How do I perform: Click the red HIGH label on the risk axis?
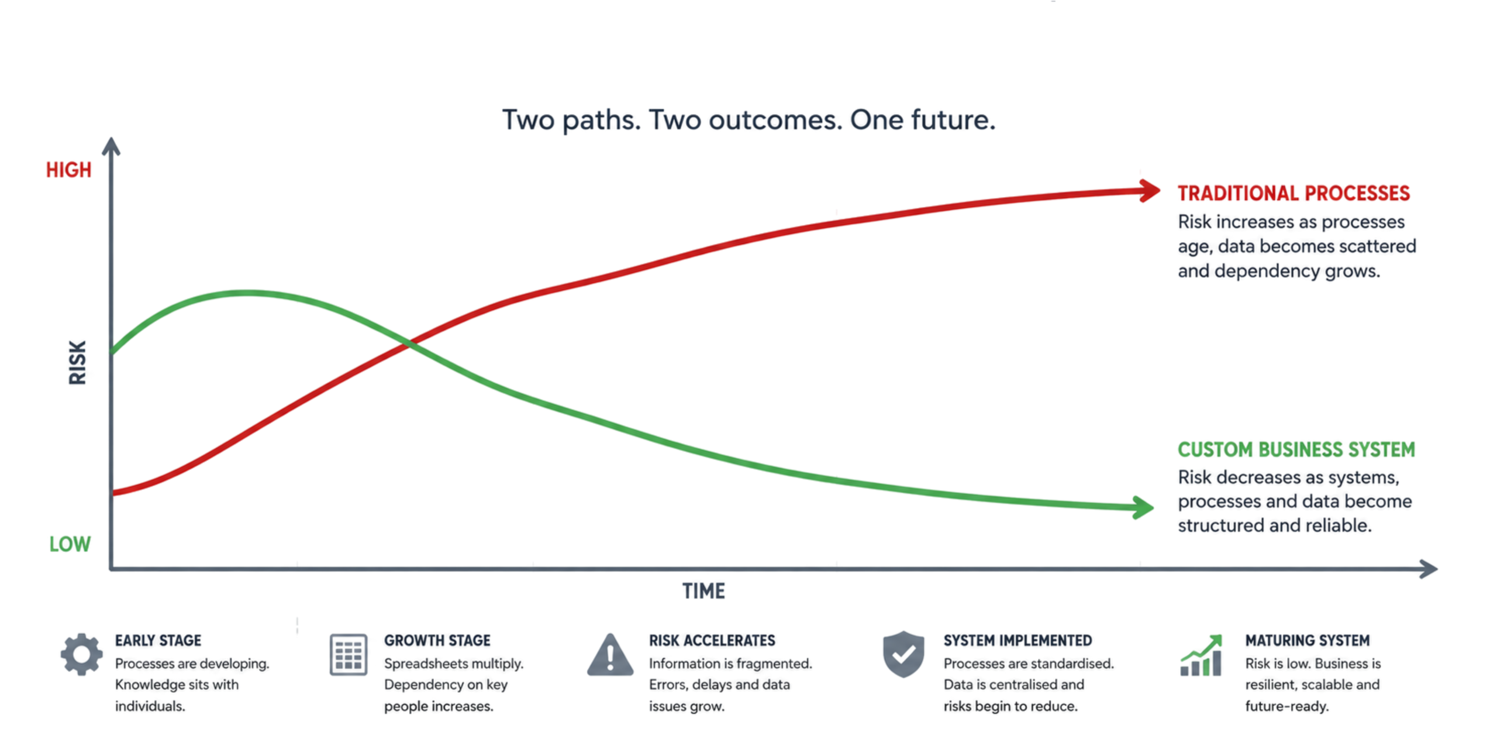pos(69,170)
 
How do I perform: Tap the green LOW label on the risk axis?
pos(70,544)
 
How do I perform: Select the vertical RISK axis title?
pos(78,362)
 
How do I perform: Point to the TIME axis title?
pos(703,591)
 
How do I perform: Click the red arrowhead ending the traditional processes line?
pos(1150,191)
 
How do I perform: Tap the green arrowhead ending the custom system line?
pos(1143,507)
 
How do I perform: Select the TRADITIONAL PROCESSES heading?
pos(1294,193)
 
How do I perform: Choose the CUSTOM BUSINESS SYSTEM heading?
pos(1296,449)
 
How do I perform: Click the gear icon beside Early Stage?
pos(81,654)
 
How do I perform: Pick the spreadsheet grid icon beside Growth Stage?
pos(349,655)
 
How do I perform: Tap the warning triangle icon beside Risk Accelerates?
pos(610,655)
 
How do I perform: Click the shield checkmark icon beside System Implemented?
pos(903,654)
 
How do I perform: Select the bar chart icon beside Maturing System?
pos(1201,655)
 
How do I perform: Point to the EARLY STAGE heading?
pos(158,641)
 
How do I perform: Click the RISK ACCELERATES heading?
pos(712,641)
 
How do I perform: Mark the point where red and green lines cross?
pos(409,345)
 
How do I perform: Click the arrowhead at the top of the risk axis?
pos(111,146)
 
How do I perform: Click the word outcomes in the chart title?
pos(775,120)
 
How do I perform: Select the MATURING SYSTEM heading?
pos(1308,641)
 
